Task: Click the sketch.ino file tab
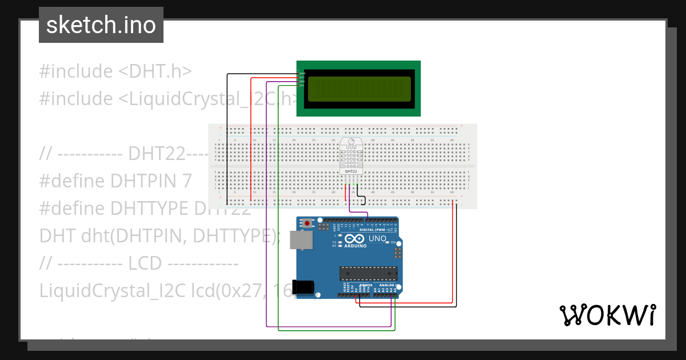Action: (101, 25)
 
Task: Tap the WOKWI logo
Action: (607, 315)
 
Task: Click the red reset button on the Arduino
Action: (308, 223)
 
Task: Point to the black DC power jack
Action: (303, 287)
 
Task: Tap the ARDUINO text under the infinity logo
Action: (356, 246)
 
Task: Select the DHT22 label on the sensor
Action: (350, 170)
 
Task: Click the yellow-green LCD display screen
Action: (358, 89)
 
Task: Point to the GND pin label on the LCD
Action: (302, 74)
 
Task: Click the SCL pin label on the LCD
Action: (302, 86)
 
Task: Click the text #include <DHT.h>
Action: (115, 71)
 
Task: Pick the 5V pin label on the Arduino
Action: (356, 289)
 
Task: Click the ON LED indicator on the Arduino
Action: (393, 243)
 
